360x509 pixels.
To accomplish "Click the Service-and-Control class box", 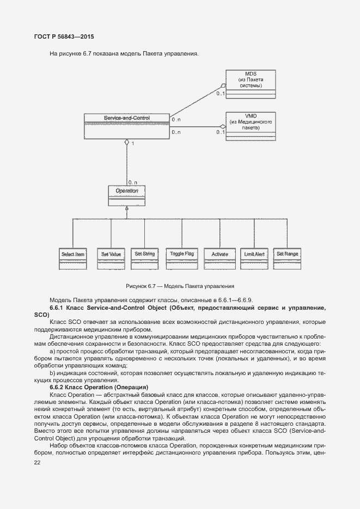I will coord(126,126).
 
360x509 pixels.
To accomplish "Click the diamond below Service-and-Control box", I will coord(126,143).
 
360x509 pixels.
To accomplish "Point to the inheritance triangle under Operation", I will coord(126,208).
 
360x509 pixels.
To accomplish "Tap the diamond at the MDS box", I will coord(222,86).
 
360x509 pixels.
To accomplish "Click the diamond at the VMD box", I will coord(222,127).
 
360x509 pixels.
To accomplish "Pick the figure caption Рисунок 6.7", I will coord(180,286).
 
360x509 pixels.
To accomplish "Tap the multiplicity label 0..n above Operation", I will coord(132,181).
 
